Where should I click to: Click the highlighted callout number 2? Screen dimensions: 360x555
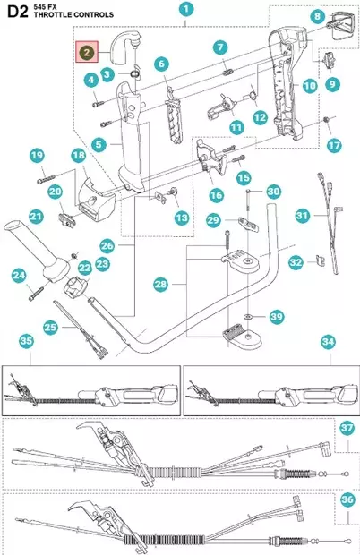pyautogui.click(x=87, y=53)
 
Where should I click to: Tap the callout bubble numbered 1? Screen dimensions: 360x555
pyautogui.click(x=186, y=9)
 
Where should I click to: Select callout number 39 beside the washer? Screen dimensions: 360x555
pyautogui.click(x=277, y=316)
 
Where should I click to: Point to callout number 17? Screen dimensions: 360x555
pyautogui.click(x=334, y=145)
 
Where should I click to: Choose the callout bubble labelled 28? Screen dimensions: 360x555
pyautogui.click(x=160, y=284)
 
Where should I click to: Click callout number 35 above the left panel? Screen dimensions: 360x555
pyautogui.click(x=26, y=341)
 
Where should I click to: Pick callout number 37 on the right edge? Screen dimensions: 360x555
pyautogui.click(x=347, y=428)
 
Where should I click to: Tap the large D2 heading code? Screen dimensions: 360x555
pyautogui.click(x=18, y=12)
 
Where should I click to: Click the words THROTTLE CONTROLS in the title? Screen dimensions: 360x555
pyautogui.click(x=73, y=15)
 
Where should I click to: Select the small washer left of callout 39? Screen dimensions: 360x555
pyautogui.click(x=247, y=315)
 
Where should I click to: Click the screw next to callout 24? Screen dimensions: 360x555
pyautogui.click(x=36, y=294)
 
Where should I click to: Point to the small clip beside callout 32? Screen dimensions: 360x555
pyautogui.click(x=321, y=260)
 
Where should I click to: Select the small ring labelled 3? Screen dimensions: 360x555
pyautogui.click(x=133, y=74)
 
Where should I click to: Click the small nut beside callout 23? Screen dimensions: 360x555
pyautogui.click(x=74, y=255)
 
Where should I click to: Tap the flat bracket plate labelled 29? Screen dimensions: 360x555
pyautogui.click(x=248, y=225)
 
